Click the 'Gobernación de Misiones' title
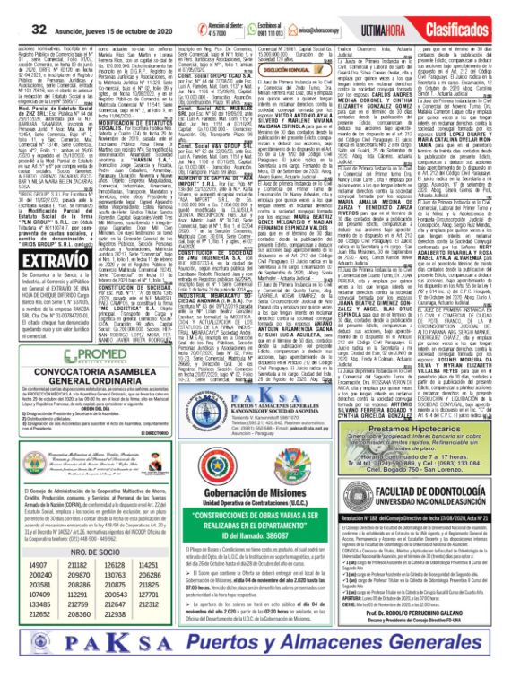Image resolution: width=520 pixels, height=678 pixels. click(316, 506)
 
